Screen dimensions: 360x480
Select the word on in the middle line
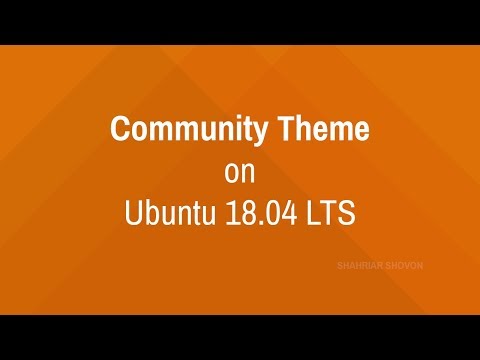click(x=240, y=172)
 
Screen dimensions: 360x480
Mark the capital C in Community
click(x=117, y=131)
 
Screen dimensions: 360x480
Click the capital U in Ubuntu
click(x=133, y=213)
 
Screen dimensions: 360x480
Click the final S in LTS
click(x=347, y=213)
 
